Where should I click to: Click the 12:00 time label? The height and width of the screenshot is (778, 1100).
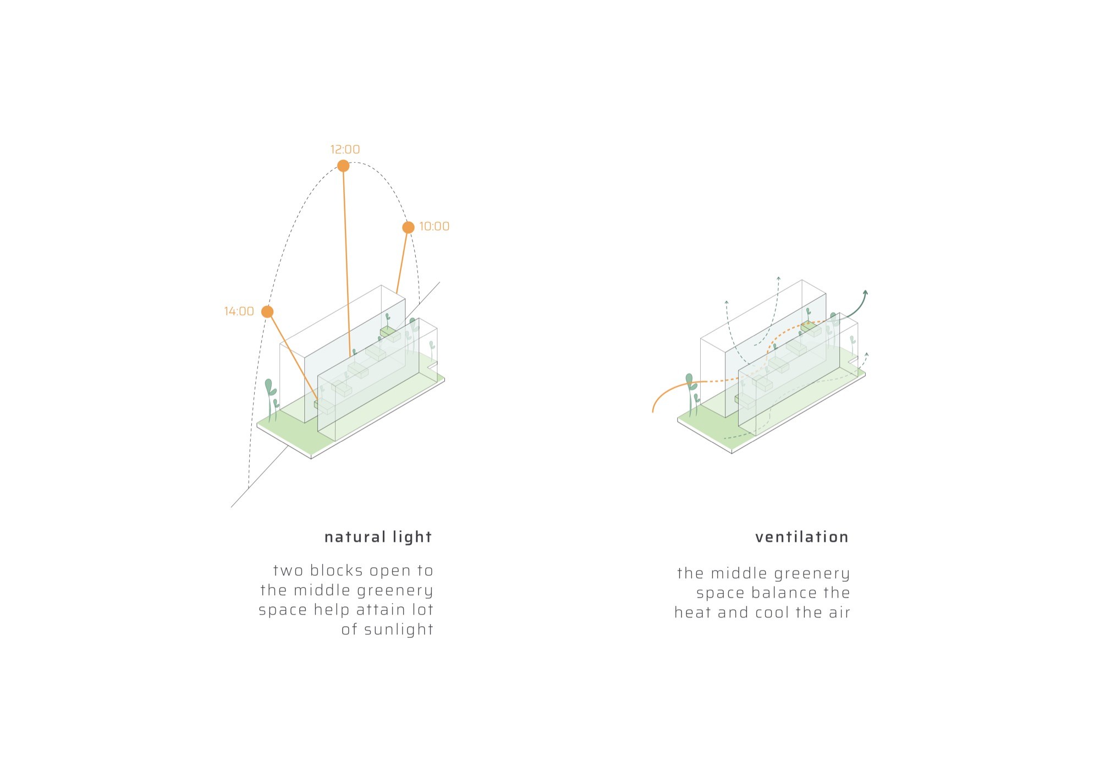tap(345, 150)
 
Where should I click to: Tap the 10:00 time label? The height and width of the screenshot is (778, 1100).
tap(434, 227)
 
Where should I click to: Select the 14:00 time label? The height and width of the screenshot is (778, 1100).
tap(239, 311)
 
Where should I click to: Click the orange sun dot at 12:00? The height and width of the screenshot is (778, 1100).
tap(343, 166)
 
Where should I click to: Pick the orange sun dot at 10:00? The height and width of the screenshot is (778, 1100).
tap(408, 227)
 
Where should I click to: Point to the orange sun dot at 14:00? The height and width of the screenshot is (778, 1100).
tap(267, 312)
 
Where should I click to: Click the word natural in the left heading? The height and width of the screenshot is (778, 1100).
tap(355, 537)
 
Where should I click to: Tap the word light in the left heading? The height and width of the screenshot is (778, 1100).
tap(413, 538)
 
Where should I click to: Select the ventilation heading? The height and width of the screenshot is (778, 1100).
tap(802, 537)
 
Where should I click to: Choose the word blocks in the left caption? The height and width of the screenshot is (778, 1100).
tap(335, 571)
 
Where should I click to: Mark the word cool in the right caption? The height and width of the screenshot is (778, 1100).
tap(773, 613)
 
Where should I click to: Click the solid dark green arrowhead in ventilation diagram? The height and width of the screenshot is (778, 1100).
tap(865, 293)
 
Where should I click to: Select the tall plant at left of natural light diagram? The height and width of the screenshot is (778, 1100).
tap(270, 399)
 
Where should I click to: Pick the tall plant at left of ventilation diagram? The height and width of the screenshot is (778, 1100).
tap(691, 393)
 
